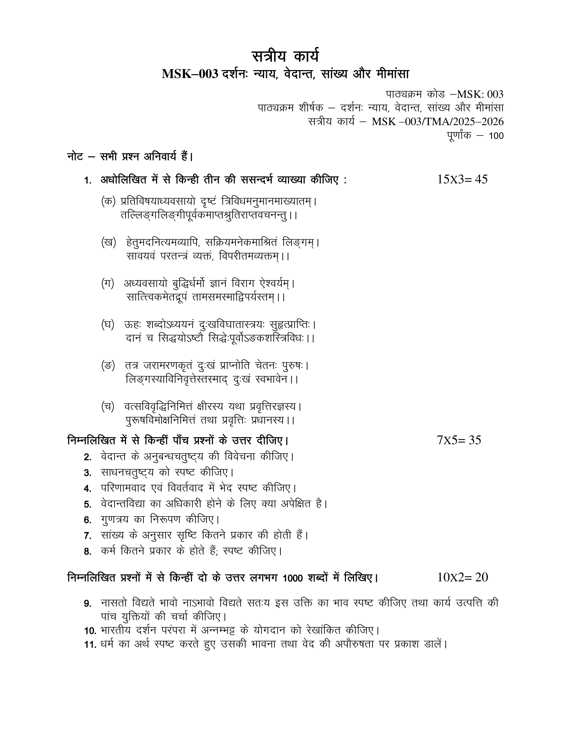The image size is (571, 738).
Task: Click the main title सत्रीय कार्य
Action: (x=285, y=56)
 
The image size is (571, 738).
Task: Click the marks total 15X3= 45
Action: (x=462, y=179)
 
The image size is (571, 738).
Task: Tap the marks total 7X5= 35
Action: (x=459, y=440)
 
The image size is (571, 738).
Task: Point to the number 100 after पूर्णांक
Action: (x=496, y=136)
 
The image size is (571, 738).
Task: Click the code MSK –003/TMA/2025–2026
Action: (x=437, y=122)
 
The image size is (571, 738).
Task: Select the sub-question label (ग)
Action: (x=107, y=283)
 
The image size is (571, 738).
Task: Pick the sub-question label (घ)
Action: (x=107, y=324)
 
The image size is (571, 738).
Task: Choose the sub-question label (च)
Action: (x=107, y=407)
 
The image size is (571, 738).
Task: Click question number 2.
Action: (x=88, y=458)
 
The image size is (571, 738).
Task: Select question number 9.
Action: (x=88, y=604)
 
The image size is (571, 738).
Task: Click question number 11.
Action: (x=90, y=645)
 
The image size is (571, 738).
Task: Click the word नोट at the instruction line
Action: (x=75, y=157)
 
